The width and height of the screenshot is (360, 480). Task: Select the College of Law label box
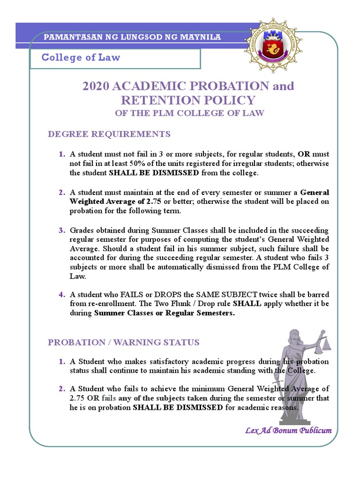(116, 58)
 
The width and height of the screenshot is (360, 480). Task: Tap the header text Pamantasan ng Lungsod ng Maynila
(132, 37)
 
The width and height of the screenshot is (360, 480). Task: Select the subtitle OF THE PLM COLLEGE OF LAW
(189, 113)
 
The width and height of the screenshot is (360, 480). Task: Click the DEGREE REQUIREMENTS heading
(109, 135)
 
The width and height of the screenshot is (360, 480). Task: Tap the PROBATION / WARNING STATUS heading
(124, 342)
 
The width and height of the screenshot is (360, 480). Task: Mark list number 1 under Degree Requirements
(62, 154)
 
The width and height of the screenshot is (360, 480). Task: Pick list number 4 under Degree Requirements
(62, 294)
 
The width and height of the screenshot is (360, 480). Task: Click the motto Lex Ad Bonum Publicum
(288, 430)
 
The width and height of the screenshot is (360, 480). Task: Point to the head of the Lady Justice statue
(294, 336)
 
